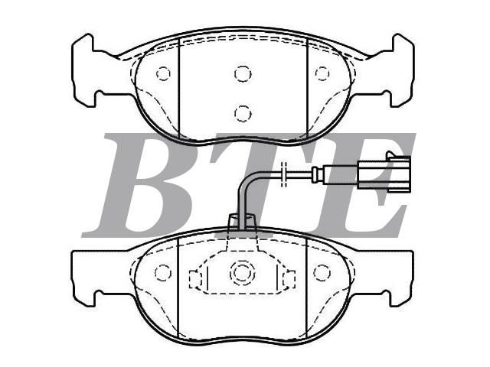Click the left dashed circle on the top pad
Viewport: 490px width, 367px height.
(163, 74)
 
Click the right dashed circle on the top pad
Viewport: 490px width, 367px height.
(322, 73)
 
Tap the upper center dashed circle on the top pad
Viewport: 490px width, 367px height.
(243, 73)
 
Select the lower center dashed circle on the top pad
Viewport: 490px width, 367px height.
(243, 113)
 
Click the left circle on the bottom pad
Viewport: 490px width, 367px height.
(163, 272)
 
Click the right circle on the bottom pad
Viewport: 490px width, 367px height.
(322, 272)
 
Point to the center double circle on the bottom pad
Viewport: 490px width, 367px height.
(242, 272)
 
